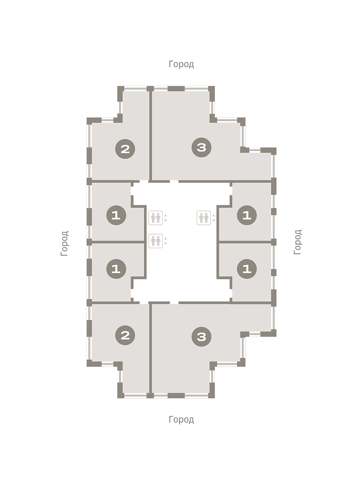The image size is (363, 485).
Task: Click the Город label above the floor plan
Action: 181,64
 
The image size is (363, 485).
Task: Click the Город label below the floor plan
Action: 181,420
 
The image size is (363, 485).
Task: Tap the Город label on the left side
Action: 65,243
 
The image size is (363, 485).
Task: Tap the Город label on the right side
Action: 297,242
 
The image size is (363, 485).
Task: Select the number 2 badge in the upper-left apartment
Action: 125,149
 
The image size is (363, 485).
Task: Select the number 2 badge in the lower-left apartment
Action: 125,335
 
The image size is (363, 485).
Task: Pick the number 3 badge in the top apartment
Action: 201,148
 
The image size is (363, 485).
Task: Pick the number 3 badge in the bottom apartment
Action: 201,337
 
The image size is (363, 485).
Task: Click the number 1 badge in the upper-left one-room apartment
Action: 117,215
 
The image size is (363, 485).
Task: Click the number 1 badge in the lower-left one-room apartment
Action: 117,269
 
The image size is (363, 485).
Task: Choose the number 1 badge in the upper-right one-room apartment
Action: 247,215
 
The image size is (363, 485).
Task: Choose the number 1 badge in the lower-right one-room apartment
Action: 247,269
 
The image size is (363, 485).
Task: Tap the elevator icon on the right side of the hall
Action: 204,218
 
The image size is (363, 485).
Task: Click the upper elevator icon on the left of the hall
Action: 156,218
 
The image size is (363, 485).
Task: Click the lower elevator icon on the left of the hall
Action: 156,241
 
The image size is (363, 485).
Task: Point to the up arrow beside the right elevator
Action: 214,215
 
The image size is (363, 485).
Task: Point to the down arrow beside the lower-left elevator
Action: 166,243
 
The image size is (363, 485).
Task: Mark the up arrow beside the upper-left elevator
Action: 166,215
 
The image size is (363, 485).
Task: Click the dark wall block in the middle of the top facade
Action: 176,89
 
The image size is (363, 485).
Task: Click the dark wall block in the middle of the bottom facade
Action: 176,396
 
